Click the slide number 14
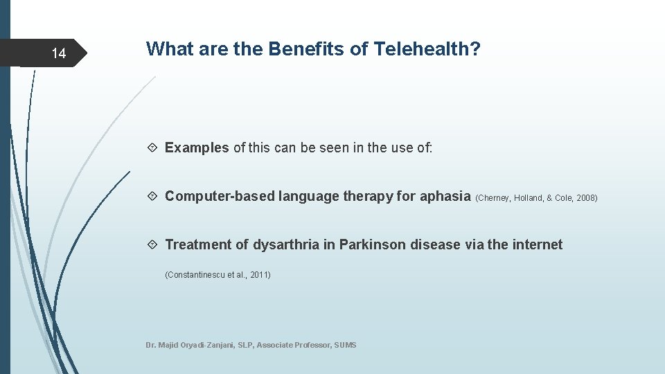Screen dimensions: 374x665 coord(59,54)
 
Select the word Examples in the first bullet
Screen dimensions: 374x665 coord(197,148)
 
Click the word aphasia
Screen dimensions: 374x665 coord(445,196)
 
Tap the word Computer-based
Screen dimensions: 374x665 coord(220,196)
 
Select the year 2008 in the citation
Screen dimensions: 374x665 coord(585,198)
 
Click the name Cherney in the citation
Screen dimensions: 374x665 coord(493,198)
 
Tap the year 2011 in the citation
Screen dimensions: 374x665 coord(259,275)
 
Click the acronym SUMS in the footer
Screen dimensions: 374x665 coord(345,345)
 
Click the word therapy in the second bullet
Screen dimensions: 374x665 coord(371,196)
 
